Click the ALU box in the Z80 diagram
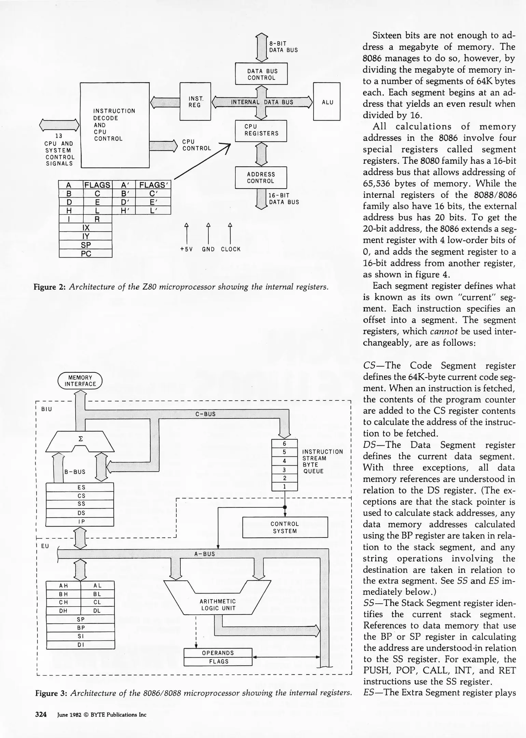coord(327,101)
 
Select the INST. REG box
coord(195,101)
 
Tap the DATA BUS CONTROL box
coord(261,74)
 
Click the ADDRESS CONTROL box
coord(261,178)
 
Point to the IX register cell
coord(86,228)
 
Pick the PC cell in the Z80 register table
coord(86,254)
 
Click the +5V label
coord(186,249)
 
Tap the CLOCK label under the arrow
coord(231,249)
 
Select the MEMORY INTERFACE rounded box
coord(80,381)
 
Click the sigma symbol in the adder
coord(81,439)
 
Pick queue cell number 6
coord(284,443)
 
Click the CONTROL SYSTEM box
coord(285,527)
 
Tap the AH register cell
coord(64,585)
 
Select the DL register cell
coord(97,611)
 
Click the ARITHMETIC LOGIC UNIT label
coord(218,604)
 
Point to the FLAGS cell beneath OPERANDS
coord(218,661)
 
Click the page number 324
coord(41,714)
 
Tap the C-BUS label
coord(205,414)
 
